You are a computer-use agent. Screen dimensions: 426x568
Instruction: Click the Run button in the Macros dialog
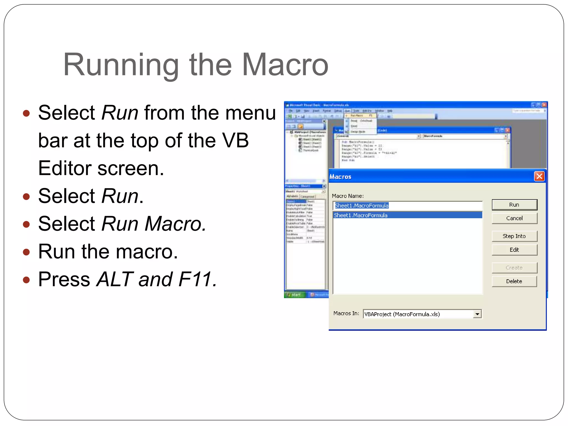tap(514, 205)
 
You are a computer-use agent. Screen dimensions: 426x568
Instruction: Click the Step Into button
tap(514, 236)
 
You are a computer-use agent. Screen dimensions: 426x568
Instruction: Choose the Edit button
tap(514, 250)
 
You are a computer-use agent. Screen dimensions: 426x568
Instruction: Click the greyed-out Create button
tap(514, 268)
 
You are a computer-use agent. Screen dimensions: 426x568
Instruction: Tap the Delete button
tap(514, 281)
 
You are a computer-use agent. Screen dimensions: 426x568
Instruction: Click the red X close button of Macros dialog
tap(539, 176)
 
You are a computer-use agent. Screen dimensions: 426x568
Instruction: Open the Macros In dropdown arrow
tap(477, 314)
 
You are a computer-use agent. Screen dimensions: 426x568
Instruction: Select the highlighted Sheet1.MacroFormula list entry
tap(361, 215)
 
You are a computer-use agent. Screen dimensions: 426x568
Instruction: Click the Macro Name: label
tap(348, 196)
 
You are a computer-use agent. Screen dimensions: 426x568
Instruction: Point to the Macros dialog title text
tap(340, 177)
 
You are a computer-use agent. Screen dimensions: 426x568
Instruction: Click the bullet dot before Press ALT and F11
tap(26, 280)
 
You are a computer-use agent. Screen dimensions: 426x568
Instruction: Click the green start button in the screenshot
tap(294, 295)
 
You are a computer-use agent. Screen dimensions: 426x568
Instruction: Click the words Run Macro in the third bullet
tap(154, 224)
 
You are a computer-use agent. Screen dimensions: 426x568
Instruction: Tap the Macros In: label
tap(346, 313)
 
